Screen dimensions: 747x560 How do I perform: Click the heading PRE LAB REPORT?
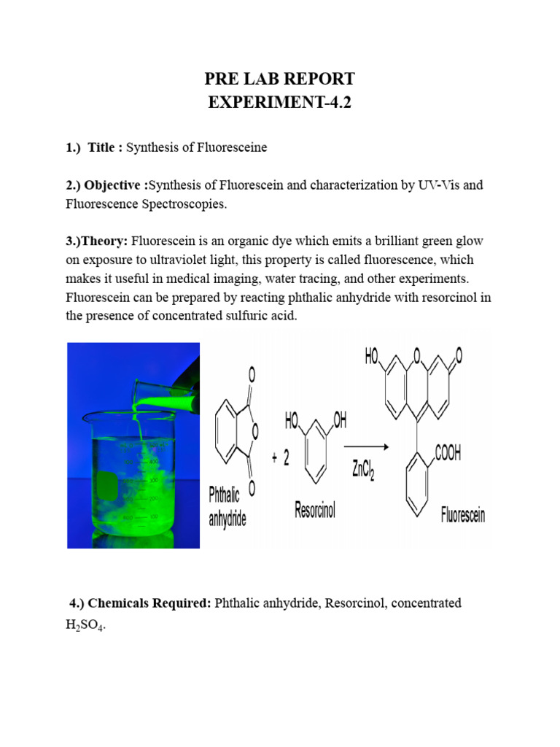279,79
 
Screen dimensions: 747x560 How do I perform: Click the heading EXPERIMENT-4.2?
279,102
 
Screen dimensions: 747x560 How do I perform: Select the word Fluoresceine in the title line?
233,147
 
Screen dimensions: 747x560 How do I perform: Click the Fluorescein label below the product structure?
463,517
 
